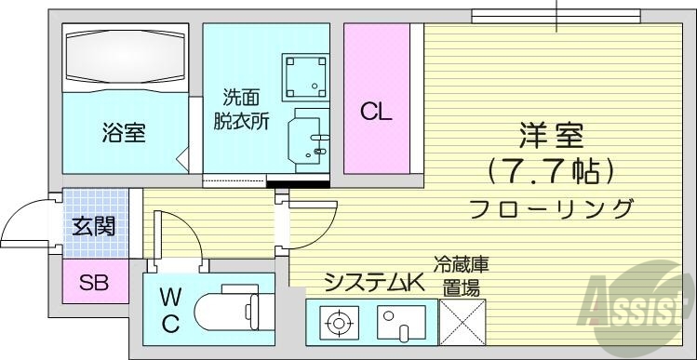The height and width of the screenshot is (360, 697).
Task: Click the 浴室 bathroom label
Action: tap(123, 132)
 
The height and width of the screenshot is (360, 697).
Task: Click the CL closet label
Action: tap(377, 113)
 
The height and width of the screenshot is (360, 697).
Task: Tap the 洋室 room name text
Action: tap(551, 135)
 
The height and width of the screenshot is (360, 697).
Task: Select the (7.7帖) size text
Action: tap(551, 171)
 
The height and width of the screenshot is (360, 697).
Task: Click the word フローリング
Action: tap(552, 207)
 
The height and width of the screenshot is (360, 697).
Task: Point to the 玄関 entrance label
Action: tap(94, 225)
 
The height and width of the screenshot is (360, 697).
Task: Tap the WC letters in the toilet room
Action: tap(169, 311)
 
